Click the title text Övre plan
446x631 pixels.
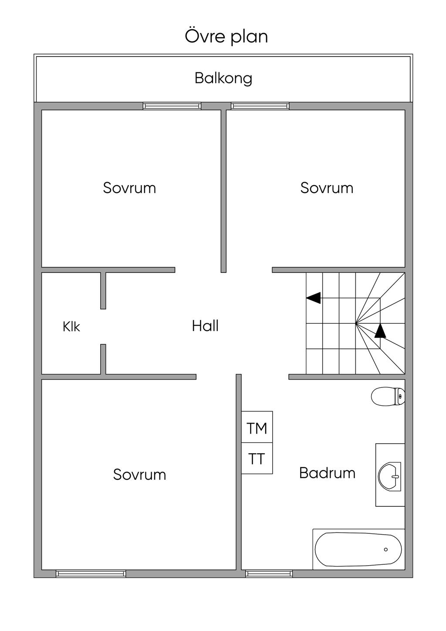click(x=226, y=36)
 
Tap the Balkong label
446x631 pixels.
click(x=223, y=78)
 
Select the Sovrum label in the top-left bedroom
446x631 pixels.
click(x=129, y=188)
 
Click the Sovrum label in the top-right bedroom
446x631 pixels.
click(x=327, y=188)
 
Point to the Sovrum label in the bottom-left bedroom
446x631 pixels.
click(x=139, y=475)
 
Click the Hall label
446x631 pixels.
click(x=205, y=326)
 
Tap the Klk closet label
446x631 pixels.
click(x=71, y=327)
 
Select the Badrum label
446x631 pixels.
click(x=327, y=473)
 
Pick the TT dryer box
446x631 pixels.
click(x=257, y=458)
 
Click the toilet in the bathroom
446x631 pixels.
click(x=388, y=397)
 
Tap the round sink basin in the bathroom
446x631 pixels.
click(x=389, y=477)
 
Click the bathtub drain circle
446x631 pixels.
click(x=386, y=550)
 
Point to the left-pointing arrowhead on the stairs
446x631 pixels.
click(x=314, y=298)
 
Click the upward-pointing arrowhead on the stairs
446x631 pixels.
click(x=380, y=330)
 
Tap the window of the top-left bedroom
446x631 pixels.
click(x=172, y=106)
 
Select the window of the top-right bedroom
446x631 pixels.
click(x=260, y=106)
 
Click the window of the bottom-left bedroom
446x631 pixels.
click(x=91, y=573)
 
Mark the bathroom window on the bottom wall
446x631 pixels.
click(x=269, y=573)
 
